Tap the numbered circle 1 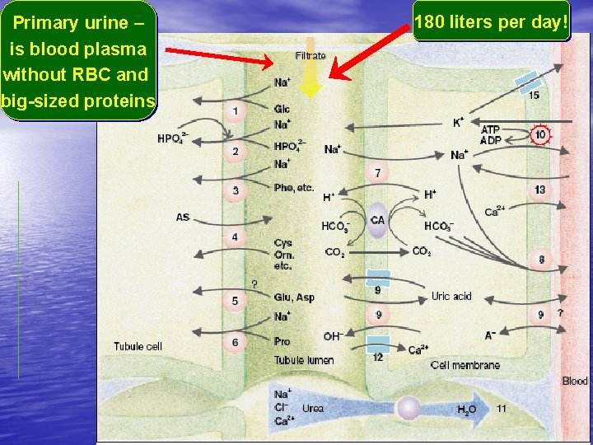(236, 110)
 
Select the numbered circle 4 (235, 237)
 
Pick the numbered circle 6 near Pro (236, 342)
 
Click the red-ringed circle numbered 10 (540, 135)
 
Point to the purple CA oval (377, 220)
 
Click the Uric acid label (451, 296)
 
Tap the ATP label (490, 129)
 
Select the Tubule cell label (138, 346)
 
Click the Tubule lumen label (304, 360)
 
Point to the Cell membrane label (465, 365)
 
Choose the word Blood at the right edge (574, 381)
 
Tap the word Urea (312, 409)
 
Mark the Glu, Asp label (294, 297)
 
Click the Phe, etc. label (294, 188)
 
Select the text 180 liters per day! (491, 22)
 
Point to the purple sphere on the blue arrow (407, 408)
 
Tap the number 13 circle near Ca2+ (539, 190)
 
